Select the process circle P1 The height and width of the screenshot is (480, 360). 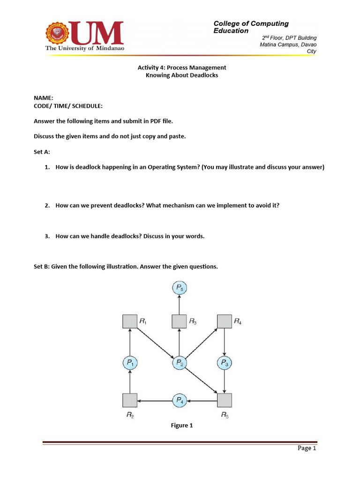[130, 362]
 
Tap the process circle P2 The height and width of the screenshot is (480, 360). [179, 362]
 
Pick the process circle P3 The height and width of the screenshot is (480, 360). [225, 362]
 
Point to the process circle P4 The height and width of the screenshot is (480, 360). [179, 400]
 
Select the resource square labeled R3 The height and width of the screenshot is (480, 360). [179, 322]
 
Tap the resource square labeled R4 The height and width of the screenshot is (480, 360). [225, 322]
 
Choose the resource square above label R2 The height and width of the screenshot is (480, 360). [130, 400]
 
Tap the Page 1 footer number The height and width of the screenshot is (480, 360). [307, 448]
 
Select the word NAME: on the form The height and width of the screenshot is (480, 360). [44, 98]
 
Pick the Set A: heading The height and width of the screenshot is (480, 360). [42, 152]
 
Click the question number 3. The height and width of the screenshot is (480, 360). [47, 236]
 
